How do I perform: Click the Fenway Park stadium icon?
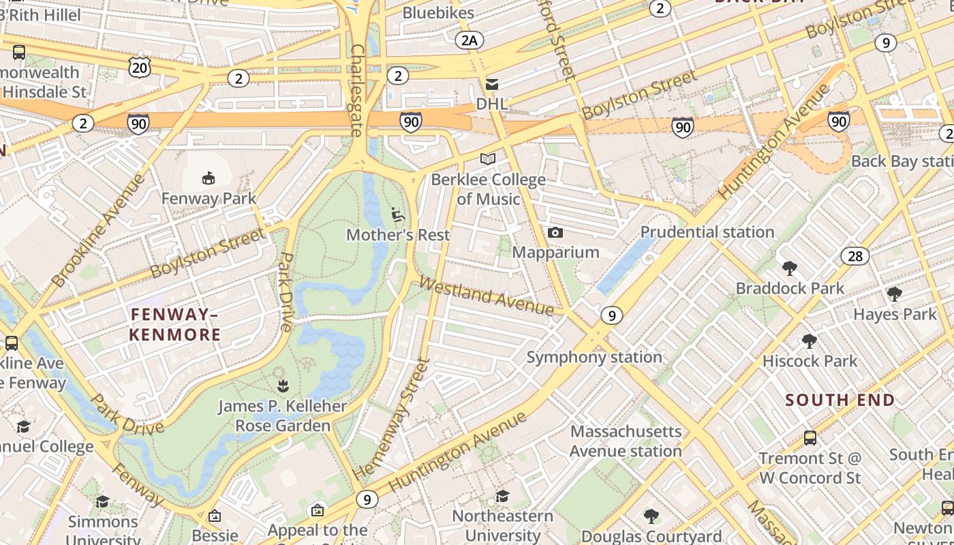pyautogui.click(x=209, y=178)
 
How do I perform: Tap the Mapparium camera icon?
pyautogui.click(x=555, y=233)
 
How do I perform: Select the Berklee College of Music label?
pyautogui.click(x=489, y=189)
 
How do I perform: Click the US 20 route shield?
pyautogui.click(x=139, y=67)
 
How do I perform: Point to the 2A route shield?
pyautogui.click(x=469, y=40)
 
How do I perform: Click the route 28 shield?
pyautogui.click(x=855, y=256)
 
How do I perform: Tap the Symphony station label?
pyautogui.click(x=594, y=357)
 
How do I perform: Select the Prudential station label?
pyautogui.click(x=707, y=232)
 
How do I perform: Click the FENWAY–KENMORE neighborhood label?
pyautogui.click(x=174, y=324)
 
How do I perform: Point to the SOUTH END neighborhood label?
pyautogui.click(x=840, y=400)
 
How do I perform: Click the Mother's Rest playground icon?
pyautogui.click(x=398, y=215)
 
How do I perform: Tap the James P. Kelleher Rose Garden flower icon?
pyautogui.click(x=282, y=387)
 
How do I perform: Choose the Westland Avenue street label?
pyautogui.click(x=487, y=296)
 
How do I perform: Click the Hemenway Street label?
pyautogui.click(x=392, y=418)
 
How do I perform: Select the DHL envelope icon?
pyautogui.click(x=491, y=84)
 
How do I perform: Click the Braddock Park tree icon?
pyautogui.click(x=790, y=268)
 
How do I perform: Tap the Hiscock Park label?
pyautogui.click(x=810, y=361)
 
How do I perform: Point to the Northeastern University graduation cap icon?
pyautogui.click(x=502, y=496)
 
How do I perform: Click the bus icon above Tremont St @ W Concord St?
pyautogui.click(x=810, y=437)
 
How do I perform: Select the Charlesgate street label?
pyautogui.click(x=356, y=91)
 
